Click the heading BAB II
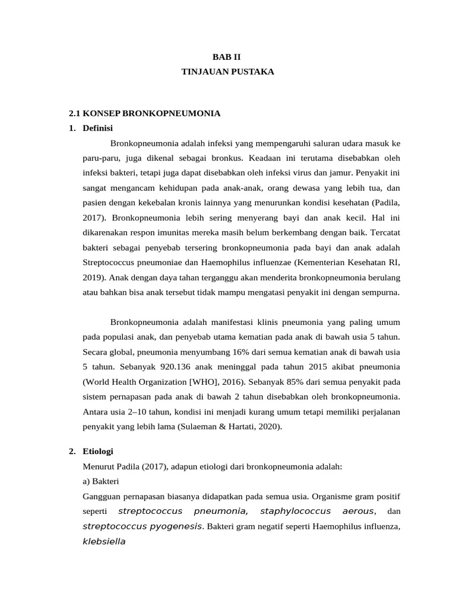pos(227,57)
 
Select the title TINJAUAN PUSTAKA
pos(227,71)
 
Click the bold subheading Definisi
pos(98,127)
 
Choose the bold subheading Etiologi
pos(98,452)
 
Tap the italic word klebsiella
pos(104,541)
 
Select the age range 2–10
pos(144,411)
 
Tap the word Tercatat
pos(380,231)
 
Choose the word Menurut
pos(99,467)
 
